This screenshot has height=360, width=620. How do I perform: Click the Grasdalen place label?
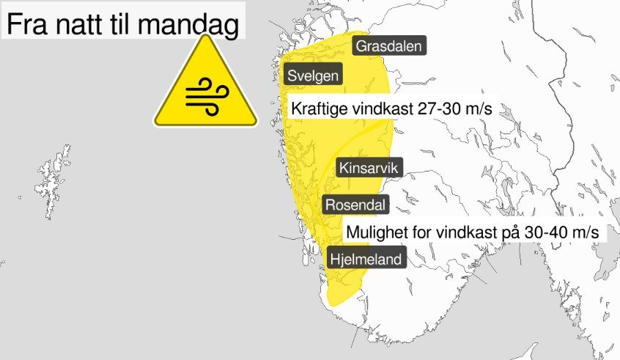(388, 47)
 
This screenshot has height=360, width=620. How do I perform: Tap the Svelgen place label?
(313, 75)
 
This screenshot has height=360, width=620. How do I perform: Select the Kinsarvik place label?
(369, 169)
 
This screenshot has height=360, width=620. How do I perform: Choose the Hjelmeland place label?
(366, 259)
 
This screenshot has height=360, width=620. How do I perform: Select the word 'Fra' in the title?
(28, 26)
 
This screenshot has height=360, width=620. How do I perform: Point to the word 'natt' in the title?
(80, 26)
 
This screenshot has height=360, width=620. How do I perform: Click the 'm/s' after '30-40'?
(583, 232)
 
